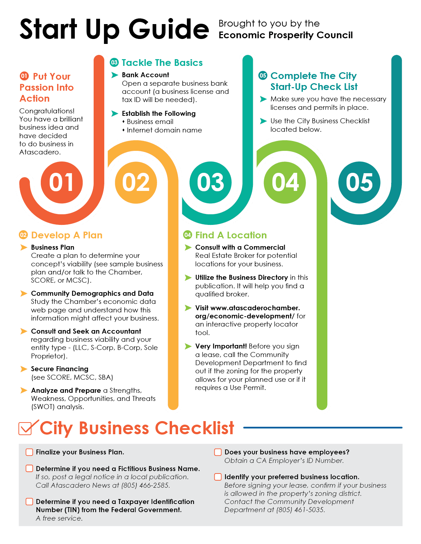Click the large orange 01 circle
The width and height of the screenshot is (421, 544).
click(62, 182)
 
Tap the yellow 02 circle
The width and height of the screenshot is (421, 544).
click(136, 182)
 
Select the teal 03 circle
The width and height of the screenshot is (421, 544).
click(211, 182)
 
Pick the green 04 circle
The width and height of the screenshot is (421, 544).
click(285, 182)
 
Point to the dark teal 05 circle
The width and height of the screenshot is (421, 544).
click(359, 182)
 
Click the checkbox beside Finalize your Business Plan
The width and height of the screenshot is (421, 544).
click(29, 452)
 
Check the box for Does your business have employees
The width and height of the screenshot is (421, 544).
click(218, 452)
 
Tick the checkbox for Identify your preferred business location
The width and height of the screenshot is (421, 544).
click(218, 477)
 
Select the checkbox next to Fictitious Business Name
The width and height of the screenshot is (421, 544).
click(29, 469)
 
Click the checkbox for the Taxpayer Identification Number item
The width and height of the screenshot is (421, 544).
click(29, 501)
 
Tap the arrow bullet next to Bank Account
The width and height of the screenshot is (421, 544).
click(115, 75)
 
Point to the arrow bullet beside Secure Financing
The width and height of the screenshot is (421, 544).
click(23, 369)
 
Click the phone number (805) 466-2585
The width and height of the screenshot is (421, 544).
click(146, 485)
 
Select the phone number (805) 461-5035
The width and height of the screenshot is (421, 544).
click(300, 510)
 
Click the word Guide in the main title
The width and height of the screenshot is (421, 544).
click(169, 29)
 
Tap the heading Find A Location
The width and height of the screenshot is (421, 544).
click(231, 235)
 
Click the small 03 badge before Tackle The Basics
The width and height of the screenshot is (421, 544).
click(114, 62)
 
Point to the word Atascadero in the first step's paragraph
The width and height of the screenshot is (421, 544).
click(39, 152)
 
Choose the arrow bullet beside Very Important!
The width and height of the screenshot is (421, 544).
click(188, 346)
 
